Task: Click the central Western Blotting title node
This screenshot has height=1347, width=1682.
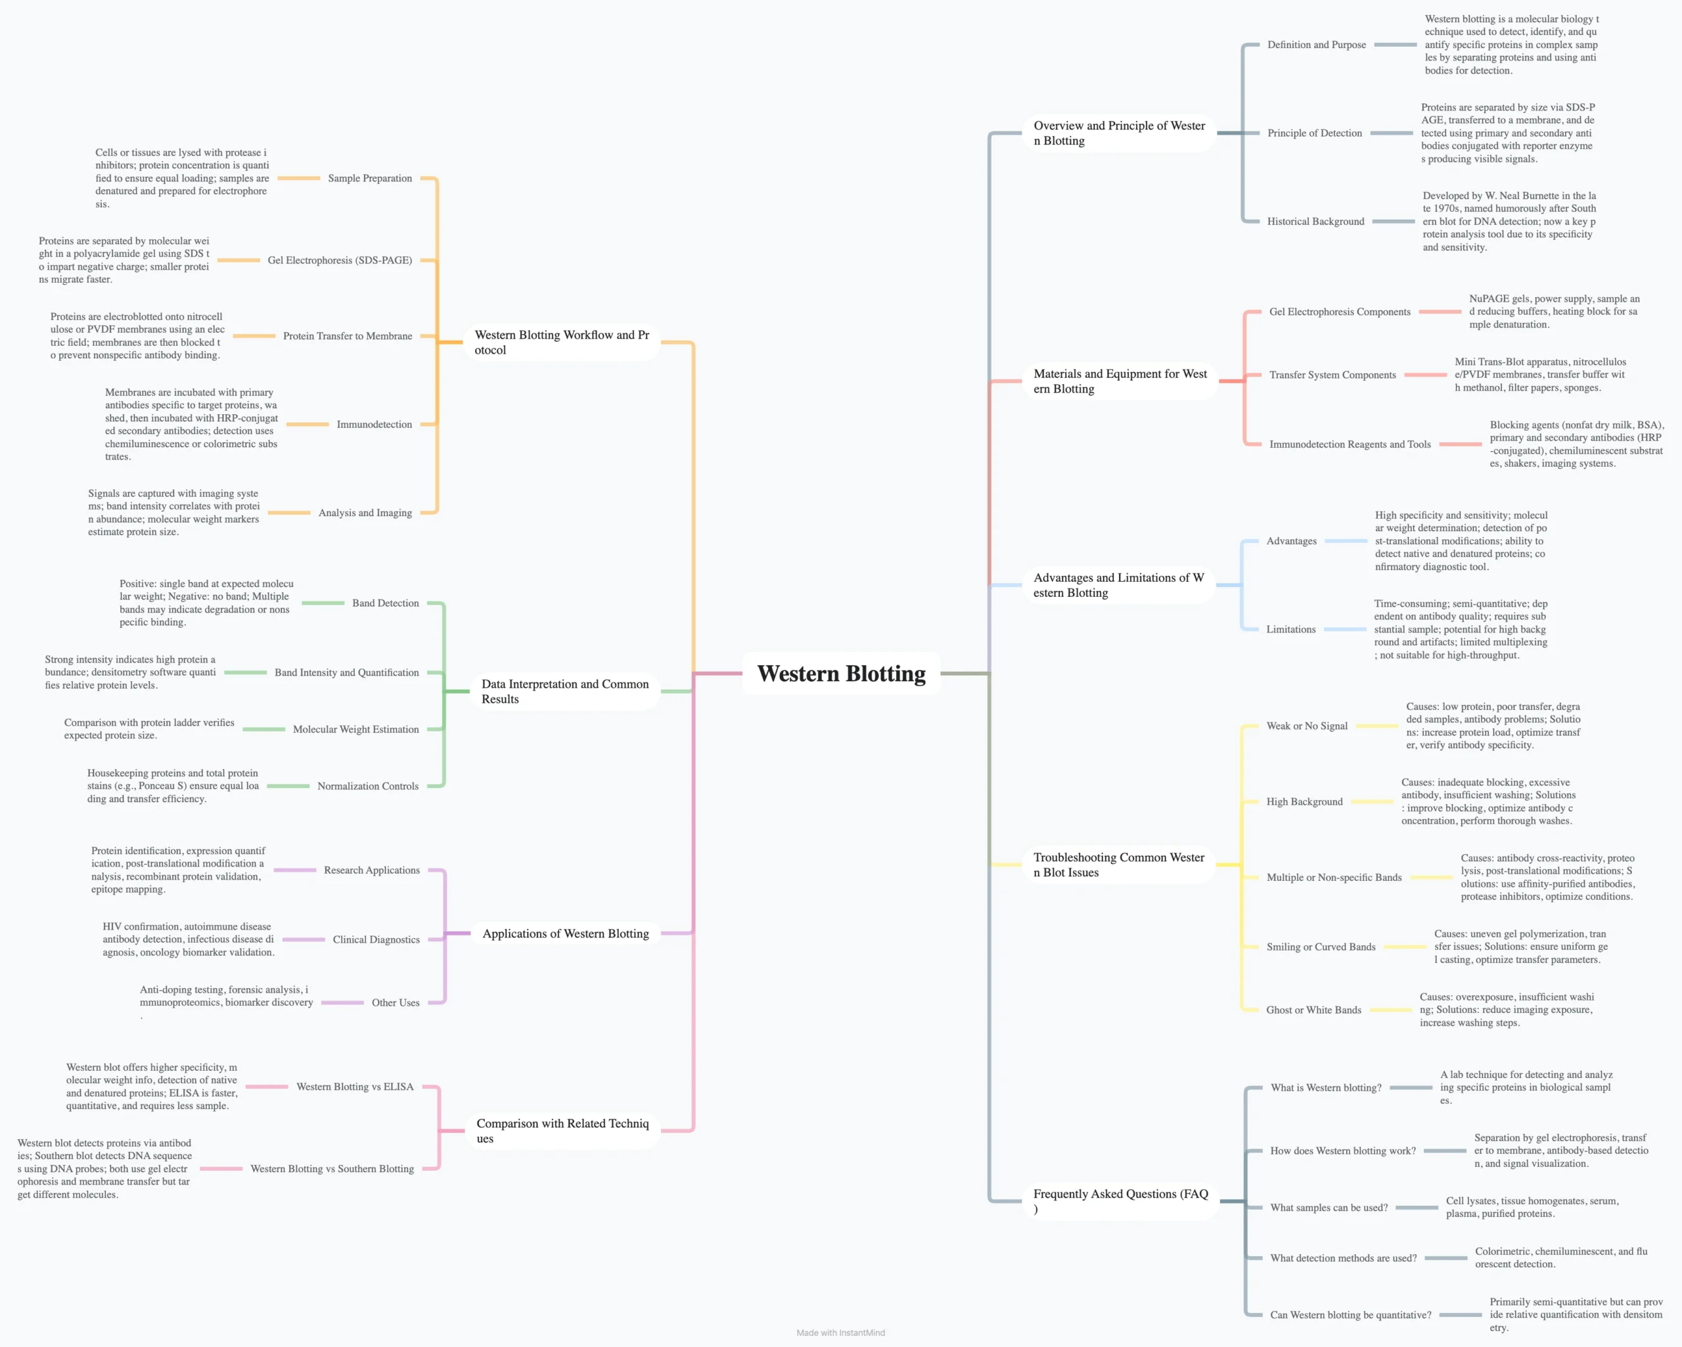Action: (841, 673)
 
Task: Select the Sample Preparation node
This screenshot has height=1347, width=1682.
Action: (370, 179)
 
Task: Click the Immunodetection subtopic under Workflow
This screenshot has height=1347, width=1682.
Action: (375, 425)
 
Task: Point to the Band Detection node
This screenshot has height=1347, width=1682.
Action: (386, 603)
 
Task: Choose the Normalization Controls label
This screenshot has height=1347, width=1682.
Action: (367, 786)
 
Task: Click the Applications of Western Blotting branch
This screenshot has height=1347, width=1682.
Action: (566, 933)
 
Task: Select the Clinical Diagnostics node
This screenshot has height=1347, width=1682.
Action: (376, 939)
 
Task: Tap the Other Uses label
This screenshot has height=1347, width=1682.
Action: (396, 1003)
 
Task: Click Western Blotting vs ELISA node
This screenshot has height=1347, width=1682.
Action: (355, 1086)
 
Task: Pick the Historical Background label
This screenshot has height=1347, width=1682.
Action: (1315, 222)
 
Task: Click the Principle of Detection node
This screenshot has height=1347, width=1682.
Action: (1315, 133)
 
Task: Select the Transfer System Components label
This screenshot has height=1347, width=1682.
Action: (1332, 375)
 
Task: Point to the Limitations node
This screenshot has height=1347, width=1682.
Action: (1290, 630)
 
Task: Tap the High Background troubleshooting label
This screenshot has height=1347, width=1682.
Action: (1304, 801)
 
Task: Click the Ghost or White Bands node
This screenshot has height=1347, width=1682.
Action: (1314, 1010)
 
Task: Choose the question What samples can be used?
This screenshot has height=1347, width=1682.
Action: (1329, 1208)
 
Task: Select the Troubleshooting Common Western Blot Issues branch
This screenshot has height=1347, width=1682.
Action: (1119, 864)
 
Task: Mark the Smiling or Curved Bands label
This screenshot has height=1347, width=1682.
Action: (1321, 947)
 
